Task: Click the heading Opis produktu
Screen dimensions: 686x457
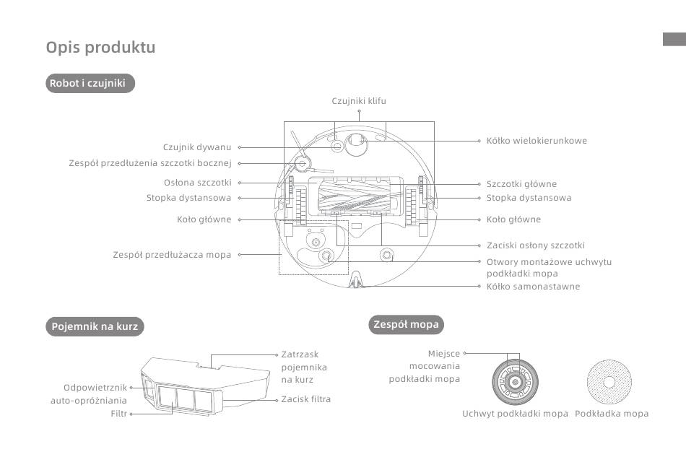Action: pos(100,47)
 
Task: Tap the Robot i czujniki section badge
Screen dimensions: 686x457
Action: pos(90,83)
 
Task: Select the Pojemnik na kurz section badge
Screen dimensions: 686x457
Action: pos(95,326)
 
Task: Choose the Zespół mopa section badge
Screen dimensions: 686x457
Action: pos(406,324)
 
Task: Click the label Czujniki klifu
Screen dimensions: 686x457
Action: pos(359,101)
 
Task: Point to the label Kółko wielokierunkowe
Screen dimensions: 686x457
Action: pos(537,141)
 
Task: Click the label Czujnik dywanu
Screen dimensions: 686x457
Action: pos(197,147)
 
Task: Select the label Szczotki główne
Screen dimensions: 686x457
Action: pos(521,184)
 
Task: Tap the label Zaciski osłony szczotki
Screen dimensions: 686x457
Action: pos(536,245)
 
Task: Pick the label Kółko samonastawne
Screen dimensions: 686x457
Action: pos(534,287)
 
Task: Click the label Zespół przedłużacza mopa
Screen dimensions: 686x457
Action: pos(172,255)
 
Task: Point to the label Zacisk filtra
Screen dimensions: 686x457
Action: pos(306,399)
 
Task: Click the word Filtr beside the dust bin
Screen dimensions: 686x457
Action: pos(118,414)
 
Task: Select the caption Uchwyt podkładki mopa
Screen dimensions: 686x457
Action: pos(515,414)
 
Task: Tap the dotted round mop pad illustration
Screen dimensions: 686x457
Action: pos(609,382)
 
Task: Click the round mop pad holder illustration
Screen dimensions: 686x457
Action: pos(515,382)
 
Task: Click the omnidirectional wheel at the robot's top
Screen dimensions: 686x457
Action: pos(356,144)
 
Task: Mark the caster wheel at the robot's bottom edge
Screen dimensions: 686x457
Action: pos(356,281)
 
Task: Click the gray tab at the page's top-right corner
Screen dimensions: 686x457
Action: pos(674,39)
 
